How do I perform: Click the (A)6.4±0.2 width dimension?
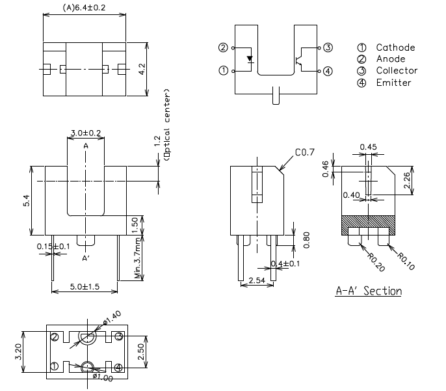tap(85, 8)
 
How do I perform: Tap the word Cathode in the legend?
tap(395, 47)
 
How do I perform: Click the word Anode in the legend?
tap(391, 59)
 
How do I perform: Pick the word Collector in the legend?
tap(397, 71)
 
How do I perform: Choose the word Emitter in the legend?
tap(393, 83)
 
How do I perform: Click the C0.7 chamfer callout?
tap(304, 152)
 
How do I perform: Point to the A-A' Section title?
tap(368, 291)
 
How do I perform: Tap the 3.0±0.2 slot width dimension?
tap(86, 133)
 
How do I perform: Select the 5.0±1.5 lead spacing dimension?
tap(85, 286)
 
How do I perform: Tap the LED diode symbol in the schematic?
tap(250, 59)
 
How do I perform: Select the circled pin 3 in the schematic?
tap(328, 47)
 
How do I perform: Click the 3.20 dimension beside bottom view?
tap(20, 351)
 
